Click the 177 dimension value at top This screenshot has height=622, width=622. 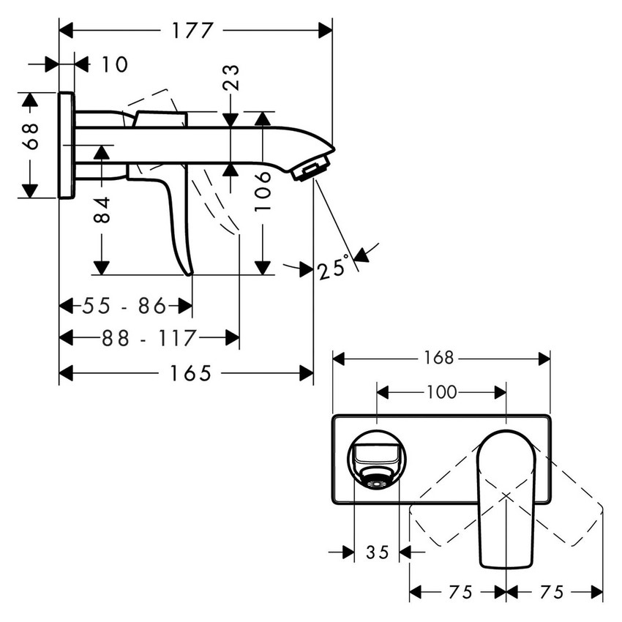(192, 31)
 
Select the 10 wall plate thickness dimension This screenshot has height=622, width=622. (113, 64)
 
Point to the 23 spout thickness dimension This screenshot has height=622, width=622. (231, 77)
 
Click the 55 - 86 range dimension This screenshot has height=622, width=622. (124, 306)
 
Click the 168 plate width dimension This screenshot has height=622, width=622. (441, 358)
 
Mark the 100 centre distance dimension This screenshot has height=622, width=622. (441, 393)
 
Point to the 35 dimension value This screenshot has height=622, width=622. (377, 552)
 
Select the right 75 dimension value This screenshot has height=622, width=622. (554, 591)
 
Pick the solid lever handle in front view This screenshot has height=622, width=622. (504, 498)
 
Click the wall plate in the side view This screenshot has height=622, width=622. (66, 145)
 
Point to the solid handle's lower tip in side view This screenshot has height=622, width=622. (190, 272)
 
